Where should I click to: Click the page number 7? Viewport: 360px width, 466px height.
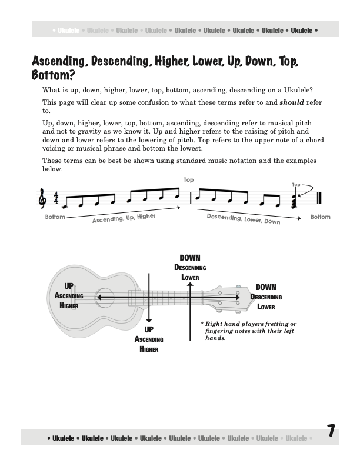[331, 432]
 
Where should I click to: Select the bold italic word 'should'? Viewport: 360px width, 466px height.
[291, 102]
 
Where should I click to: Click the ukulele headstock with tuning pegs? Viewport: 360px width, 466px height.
[226, 298]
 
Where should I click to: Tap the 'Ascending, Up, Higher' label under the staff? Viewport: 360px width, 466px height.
[123, 221]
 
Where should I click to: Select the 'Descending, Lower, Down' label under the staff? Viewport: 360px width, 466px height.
[244, 218]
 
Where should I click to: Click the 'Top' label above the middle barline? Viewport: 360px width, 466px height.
[188, 180]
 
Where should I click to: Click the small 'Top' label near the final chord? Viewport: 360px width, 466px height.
[296, 185]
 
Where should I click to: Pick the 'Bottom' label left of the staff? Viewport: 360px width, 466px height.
[55, 217]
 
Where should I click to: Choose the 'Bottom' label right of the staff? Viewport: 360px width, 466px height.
[321, 217]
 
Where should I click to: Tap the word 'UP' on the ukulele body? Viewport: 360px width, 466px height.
[69, 287]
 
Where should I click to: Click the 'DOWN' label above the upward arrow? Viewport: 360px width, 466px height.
[189, 258]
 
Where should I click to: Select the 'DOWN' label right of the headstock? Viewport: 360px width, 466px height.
[265, 287]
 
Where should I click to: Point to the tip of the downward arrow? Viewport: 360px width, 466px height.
[149, 322]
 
